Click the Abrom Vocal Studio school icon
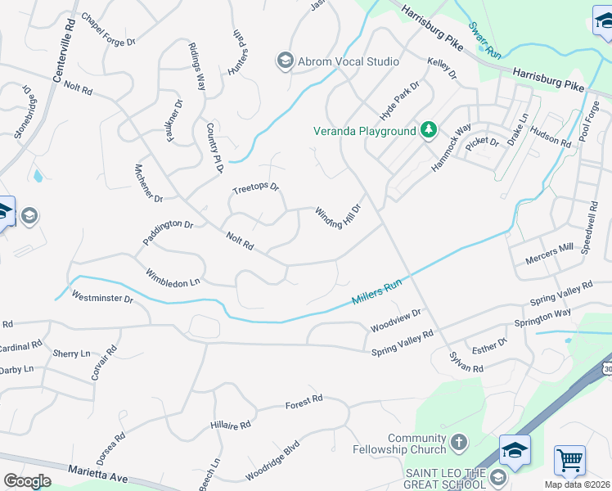[286, 61]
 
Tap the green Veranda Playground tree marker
[428, 130]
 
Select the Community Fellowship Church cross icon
[459, 443]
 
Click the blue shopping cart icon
[569, 460]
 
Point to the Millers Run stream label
[377, 291]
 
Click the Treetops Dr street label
[255, 188]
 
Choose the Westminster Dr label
[102, 296]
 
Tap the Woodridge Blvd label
[272, 462]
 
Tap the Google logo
[27, 480]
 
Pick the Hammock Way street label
[452, 148]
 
